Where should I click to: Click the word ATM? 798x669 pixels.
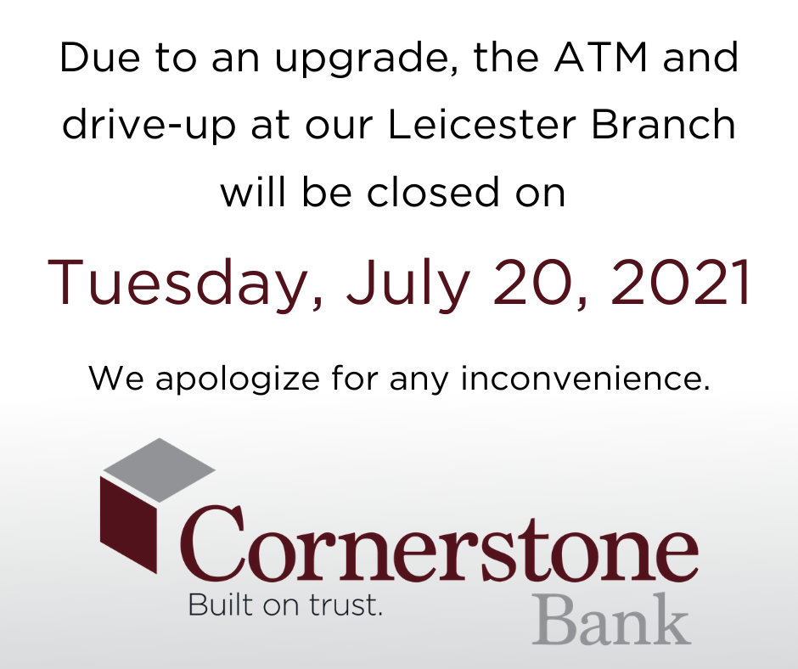pyautogui.click(x=600, y=57)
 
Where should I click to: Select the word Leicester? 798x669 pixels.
pyautogui.click(x=482, y=124)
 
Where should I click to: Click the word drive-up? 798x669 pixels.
pyautogui.click(x=149, y=127)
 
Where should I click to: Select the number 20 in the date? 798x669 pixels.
pyautogui.click(x=534, y=282)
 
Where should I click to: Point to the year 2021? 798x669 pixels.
pyautogui.click(x=681, y=282)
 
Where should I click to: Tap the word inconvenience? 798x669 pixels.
pyautogui.click(x=585, y=378)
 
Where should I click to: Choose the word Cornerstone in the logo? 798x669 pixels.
pyautogui.click(x=439, y=543)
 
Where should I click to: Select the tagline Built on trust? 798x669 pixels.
pyautogui.click(x=285, y=604)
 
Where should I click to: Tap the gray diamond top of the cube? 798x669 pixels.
pyautogui.click(x=159, y=470)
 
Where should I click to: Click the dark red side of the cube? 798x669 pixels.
pyautogui.click(x=128, y=525)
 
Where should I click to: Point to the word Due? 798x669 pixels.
pyautogui.click(x=100, y=58)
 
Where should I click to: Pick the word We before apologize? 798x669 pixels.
pyautogui.click(x=116, y=378)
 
